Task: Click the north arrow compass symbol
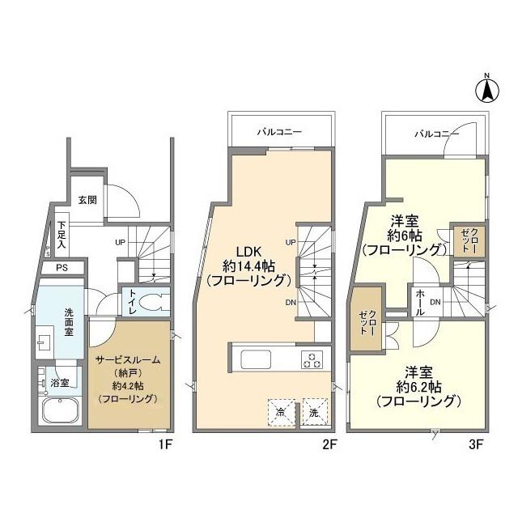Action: [487, 89]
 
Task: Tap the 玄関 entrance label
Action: [87, 200]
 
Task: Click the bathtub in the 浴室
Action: [62, 410]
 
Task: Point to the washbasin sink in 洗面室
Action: [45, 342]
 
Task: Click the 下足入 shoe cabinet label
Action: [62, 235]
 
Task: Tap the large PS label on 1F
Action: [62, 267]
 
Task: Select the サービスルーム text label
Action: [128, 359]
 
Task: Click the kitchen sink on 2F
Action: [256, 359]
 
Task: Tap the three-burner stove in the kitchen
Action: [312, 359]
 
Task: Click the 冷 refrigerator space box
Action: [281, 412]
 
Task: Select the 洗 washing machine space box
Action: [315, 412]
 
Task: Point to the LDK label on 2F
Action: [248, 252]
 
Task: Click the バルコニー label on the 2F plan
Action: [279, 132]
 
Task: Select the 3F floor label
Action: [476, 445]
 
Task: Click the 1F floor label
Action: [164, 445]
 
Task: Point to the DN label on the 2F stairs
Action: [291, 302]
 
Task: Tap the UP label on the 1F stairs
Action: [121, 243]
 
